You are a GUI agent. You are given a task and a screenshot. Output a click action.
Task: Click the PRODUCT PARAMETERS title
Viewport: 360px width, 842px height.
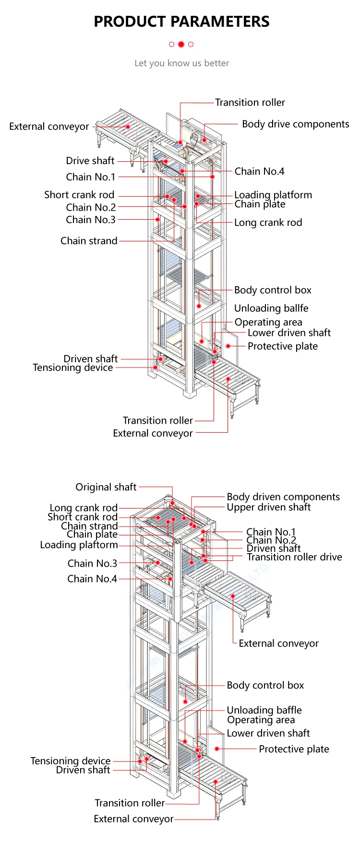(181, 22)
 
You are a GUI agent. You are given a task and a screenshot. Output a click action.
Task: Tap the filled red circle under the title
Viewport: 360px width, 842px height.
(181, 44)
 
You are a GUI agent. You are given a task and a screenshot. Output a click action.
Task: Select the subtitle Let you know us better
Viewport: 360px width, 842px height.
(181, 63)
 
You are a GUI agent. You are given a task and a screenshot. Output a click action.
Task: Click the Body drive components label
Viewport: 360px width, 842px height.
(295, 124)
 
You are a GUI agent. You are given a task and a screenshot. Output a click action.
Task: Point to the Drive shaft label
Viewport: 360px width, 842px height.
(90, 161)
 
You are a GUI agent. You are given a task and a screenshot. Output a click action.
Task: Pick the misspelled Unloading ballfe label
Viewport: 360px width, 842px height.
(271, 308)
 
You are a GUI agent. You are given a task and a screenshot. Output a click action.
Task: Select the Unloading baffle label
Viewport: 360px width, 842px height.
(264, 710)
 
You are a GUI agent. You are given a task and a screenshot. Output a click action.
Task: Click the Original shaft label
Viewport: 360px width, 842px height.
(106, 487)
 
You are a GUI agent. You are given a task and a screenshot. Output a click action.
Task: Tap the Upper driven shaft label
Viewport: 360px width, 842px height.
(268, 507)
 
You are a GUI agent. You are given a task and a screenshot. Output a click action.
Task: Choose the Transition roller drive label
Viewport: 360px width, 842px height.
(294, 557)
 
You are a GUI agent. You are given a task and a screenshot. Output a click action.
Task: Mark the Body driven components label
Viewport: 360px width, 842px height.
(283, 497)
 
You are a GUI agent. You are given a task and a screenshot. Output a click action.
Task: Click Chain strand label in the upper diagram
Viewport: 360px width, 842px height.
(89, 241)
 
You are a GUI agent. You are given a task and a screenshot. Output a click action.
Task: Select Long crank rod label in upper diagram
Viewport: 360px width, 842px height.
(268, 222)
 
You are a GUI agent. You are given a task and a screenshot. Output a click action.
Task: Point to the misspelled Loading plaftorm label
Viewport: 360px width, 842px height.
(79, 545)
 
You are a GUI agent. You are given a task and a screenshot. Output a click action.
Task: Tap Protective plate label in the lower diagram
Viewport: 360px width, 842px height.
(294, 749)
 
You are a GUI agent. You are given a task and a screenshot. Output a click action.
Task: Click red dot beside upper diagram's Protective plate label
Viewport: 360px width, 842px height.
(228, 346)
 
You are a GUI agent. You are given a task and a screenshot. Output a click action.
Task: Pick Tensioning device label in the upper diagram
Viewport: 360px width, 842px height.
(73, 368)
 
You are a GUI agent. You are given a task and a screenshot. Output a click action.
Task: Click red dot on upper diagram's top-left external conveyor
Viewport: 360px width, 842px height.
(128, 127)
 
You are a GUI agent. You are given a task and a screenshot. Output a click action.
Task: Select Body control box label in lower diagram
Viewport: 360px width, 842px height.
(265, 685)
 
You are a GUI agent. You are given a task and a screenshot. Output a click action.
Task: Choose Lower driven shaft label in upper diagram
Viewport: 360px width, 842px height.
(289, 332)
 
